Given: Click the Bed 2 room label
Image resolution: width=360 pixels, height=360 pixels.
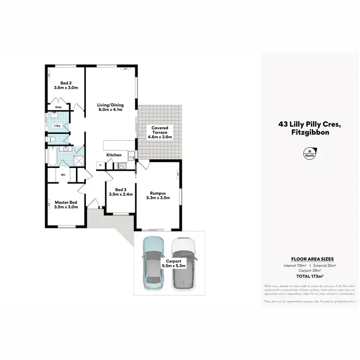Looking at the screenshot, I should [66, 85].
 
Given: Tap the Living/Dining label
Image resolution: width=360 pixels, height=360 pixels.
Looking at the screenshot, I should [110, 107].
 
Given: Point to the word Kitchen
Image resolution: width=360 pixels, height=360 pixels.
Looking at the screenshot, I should [114, 155].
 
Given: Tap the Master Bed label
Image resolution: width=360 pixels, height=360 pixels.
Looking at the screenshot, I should [66, 204].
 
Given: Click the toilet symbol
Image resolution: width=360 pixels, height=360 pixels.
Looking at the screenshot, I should [53, 139].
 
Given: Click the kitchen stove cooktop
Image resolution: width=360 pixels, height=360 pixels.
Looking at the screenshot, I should [122, 166].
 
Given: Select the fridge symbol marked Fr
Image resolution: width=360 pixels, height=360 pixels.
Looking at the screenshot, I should [100, 166].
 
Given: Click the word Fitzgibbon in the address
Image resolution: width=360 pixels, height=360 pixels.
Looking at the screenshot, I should [310, 133].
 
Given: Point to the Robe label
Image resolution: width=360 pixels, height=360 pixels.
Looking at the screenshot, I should [58, 107].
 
